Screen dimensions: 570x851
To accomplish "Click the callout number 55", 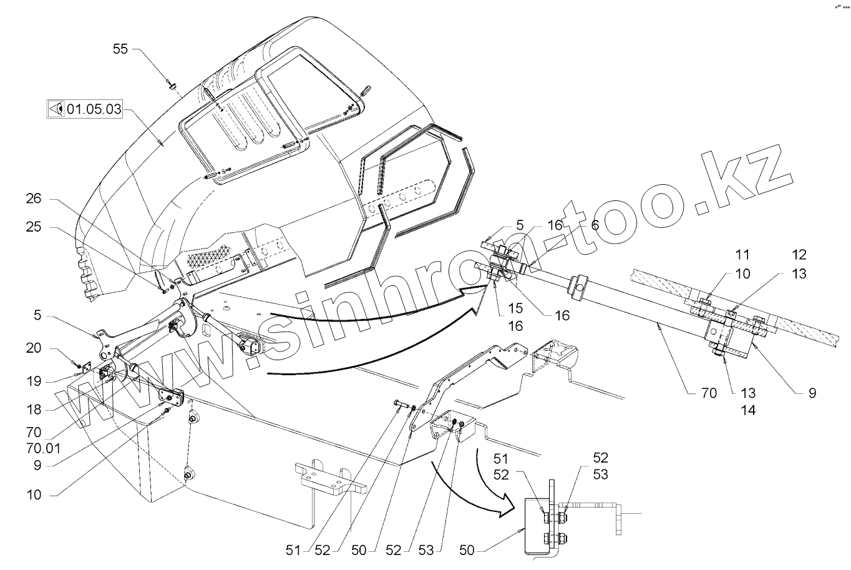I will [120, 48].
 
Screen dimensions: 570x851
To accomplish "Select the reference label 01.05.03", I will [94, 109].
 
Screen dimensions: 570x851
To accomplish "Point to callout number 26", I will [34, 200].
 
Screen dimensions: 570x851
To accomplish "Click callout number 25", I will [34, 227].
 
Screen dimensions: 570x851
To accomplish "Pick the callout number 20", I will [34, 348].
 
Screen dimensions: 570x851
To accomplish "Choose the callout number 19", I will [34, 380].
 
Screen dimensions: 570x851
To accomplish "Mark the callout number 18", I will [34, 410].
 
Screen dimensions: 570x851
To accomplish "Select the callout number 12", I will [799, 255].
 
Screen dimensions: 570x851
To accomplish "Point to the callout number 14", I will [748, 410].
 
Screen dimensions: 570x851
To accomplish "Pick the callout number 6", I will [595, 225].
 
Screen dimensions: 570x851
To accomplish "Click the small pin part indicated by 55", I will [172, 83].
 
